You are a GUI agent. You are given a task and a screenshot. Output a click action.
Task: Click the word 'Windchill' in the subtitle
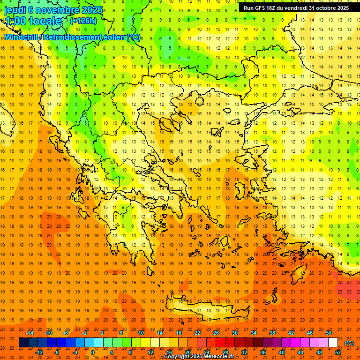(x=22, y=37)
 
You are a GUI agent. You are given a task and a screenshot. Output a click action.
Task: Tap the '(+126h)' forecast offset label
(x=83, y=21)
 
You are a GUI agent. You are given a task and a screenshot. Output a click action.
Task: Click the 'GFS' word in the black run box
(x=262, y=8)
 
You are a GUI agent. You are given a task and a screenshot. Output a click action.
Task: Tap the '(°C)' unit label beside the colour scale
(x=349, y=343)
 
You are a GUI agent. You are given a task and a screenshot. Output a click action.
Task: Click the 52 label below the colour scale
(x=338, y=352)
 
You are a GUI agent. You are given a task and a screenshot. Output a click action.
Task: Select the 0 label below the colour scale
(x=93, y=352)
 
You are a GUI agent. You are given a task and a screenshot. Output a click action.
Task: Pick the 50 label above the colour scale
(x=328, y=333)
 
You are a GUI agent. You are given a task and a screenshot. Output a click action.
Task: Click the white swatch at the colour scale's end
(x=333, y=343)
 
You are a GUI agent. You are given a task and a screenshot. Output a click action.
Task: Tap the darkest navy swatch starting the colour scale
(x=23, y=343)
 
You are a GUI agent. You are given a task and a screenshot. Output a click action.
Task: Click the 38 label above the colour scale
(x=272, y=333)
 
